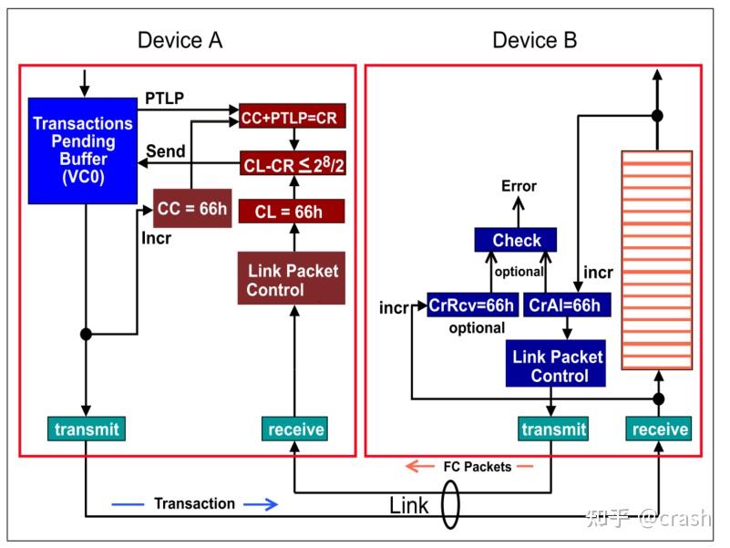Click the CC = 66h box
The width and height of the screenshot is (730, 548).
190,209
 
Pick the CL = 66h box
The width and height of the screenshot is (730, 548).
292,212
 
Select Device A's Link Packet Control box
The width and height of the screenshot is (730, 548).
292,279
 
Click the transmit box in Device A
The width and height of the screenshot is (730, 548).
85,429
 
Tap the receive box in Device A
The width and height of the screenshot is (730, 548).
293,429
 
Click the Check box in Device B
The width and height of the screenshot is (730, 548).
517,241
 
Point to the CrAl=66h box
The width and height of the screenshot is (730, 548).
565,305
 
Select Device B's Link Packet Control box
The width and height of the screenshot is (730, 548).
556,365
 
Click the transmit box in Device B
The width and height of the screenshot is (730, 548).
553,429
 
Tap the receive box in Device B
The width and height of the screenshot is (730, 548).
659,429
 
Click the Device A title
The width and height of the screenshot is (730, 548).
180,41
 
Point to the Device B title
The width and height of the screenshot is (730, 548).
535,41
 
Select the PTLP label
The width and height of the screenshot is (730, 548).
165,98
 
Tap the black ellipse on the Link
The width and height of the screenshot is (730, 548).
450,505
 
